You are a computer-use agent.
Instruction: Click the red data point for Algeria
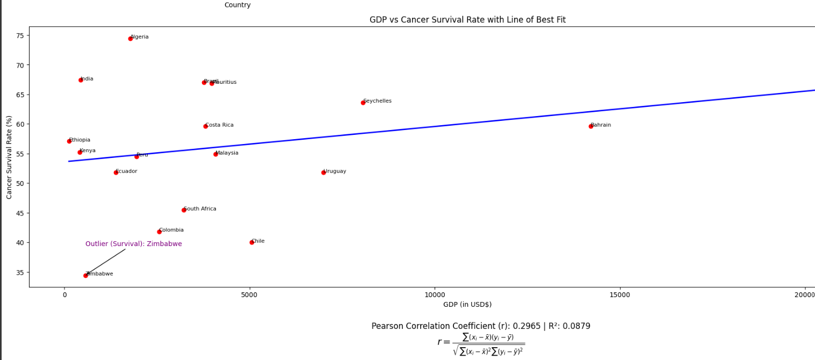[131, 39]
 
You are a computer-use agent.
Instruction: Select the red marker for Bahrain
[591, 126]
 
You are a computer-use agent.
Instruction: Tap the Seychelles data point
[363, 103]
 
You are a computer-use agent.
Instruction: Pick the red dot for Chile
[252, 242]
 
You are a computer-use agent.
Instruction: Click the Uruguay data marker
[323, 172]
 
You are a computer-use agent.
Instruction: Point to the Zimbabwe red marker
[86, 276]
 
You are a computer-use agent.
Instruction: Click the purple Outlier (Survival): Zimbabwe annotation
[134, 244]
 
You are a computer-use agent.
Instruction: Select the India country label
[86, 79]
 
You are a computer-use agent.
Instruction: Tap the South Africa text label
[200, 209]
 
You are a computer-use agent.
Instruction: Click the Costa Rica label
[219, 125]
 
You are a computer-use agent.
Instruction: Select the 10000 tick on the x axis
[435, 295]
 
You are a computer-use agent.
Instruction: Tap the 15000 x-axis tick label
[621, 295]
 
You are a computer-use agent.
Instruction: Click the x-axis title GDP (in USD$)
[467, 305]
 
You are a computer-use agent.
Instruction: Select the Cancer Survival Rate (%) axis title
[9, 157]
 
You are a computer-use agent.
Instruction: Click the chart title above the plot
[467, 20]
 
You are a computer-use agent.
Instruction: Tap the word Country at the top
[237, 5]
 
